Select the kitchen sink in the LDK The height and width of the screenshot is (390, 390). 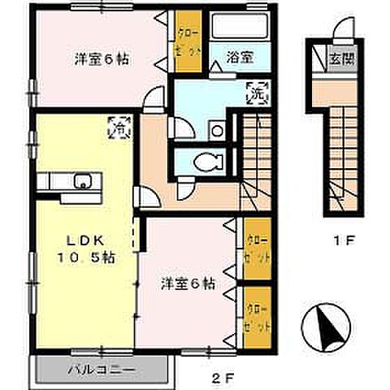point(82,180)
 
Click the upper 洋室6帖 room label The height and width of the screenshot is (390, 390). point(102,59)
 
